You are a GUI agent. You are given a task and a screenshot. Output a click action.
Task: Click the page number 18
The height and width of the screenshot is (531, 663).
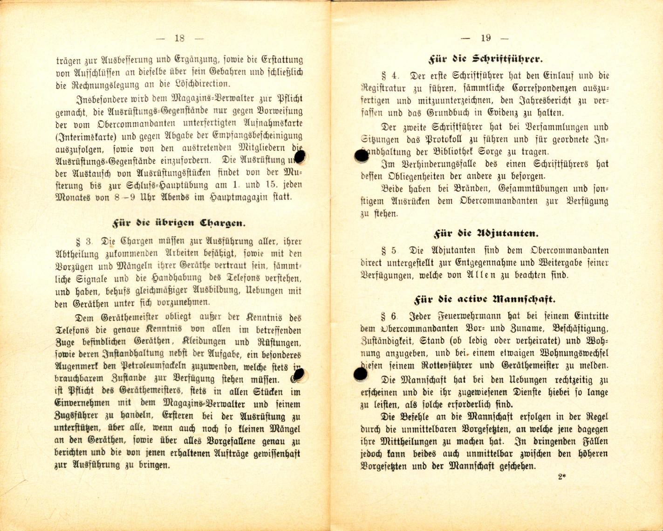pos(179,38)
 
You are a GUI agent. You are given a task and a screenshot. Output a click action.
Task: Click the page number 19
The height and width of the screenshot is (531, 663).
pos(485,38)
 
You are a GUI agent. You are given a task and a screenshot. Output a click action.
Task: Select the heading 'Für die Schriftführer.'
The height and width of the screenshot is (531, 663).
pos(485,60)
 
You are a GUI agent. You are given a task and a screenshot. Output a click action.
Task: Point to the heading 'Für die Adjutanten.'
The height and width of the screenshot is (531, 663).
pos(485,233)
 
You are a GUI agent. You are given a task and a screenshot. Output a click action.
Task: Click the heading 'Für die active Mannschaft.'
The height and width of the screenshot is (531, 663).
pos(485,299)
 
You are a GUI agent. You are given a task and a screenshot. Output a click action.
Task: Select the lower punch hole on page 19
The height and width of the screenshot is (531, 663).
pos(360,373)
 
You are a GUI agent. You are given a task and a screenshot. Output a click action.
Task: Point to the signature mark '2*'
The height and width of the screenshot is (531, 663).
pos(561,477)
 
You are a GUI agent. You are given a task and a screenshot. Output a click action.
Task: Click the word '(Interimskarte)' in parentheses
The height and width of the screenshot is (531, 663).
pos(82,136)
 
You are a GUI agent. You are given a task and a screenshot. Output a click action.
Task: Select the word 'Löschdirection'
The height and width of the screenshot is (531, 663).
pos(201,84)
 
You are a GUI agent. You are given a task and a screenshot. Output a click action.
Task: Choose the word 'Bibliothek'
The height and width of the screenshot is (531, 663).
pos(443,152)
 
